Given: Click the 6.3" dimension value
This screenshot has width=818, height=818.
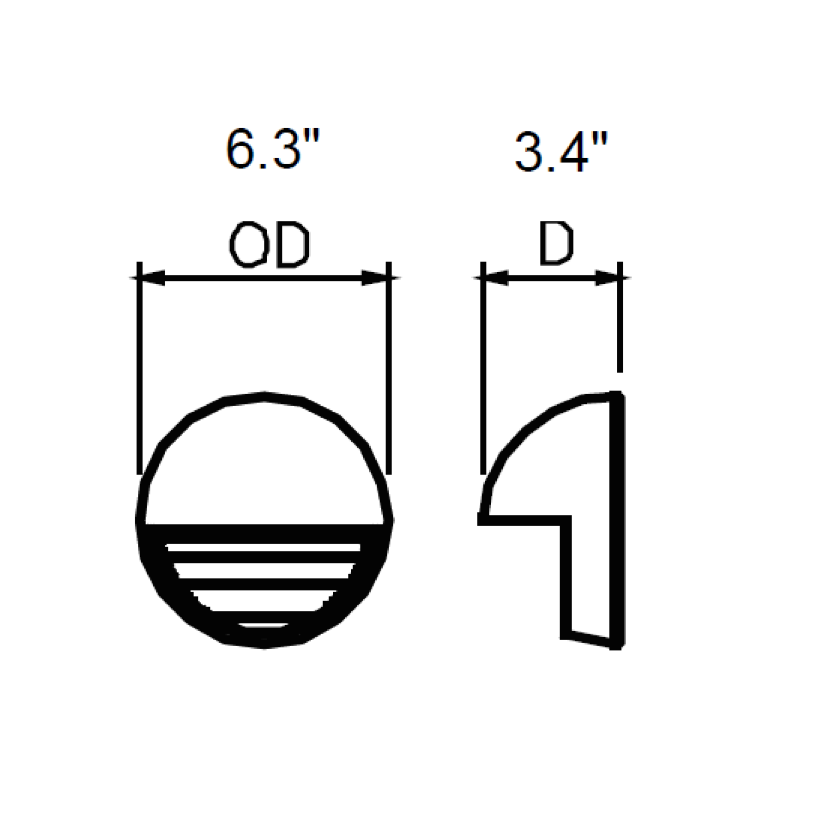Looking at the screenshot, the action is click(271, 148).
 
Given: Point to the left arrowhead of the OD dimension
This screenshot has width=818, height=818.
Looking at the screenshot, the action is click(151, 278).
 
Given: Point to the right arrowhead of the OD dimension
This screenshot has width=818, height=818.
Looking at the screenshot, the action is click(376, 278).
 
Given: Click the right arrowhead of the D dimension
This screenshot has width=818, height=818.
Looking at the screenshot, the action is click(607, 278).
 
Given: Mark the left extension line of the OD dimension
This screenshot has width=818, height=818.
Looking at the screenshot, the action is click(139, 368).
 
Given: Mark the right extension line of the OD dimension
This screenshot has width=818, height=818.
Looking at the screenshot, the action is click(388, 368).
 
